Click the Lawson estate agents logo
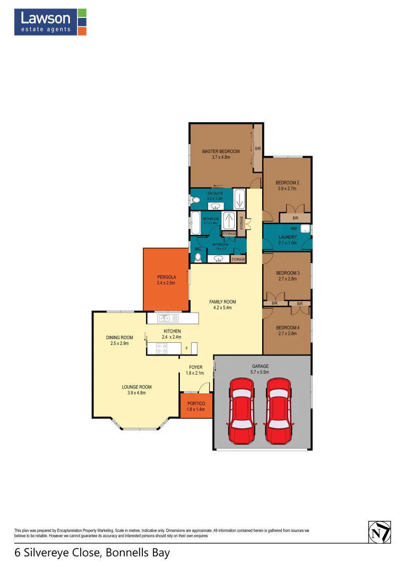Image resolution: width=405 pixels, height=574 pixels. click(x=50, y=22)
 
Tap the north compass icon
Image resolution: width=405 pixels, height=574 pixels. click(x=379, y=532)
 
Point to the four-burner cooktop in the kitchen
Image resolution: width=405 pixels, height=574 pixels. click(x=162, y=349)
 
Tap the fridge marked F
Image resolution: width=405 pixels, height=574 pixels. click(x=186, y=349)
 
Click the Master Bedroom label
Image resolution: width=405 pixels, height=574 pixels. click(x=221, y=151)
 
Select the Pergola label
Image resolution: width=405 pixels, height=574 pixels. click(x=166, y=277)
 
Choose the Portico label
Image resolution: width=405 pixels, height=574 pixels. click(x=196, y=403)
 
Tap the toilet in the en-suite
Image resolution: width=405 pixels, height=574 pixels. click(x=195, y=200)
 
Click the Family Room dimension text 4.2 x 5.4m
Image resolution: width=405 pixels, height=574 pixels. click(x=222, y=308)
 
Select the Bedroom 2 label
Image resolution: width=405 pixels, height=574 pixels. click(x=287, y=182)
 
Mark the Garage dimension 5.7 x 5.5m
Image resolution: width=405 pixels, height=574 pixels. click(x=260, y=373)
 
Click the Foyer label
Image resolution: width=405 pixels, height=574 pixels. click(x=196, y=367)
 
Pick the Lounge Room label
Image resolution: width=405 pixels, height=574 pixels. click(x=136, y=387)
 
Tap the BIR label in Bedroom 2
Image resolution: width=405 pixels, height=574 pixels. click(x=295, y=218)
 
